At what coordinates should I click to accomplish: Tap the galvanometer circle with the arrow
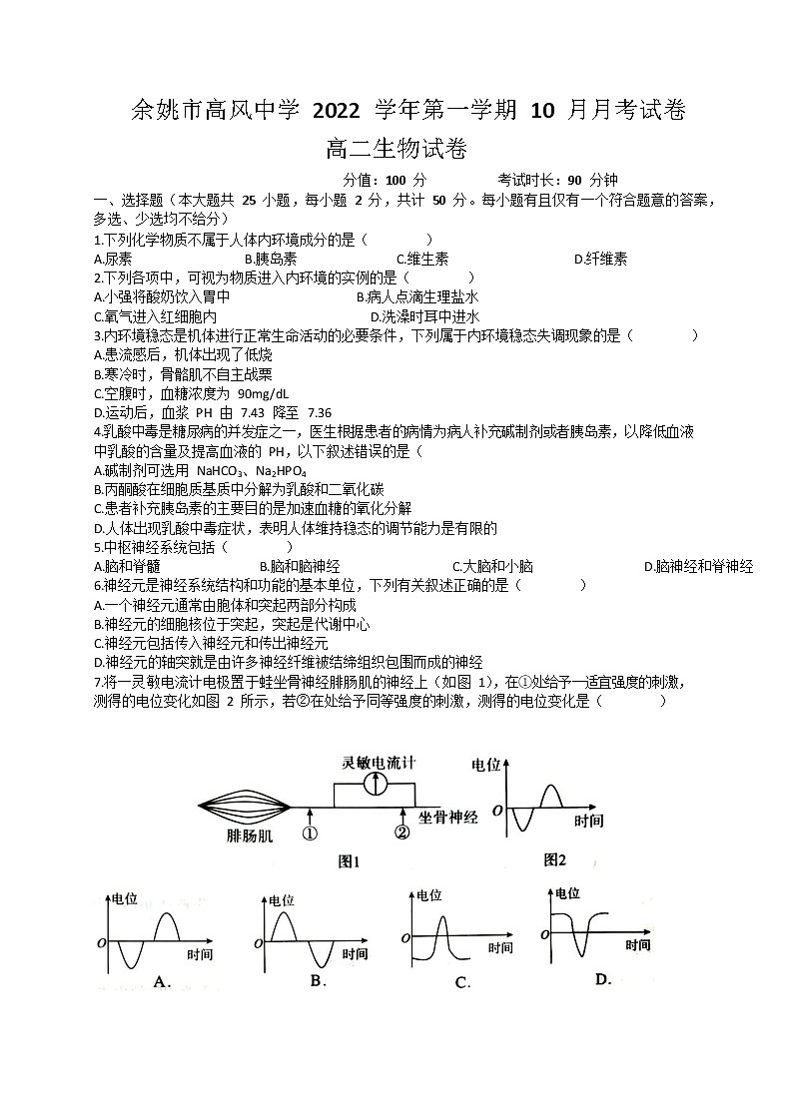click(x=376, y=784)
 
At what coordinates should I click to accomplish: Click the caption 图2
click(x=554, y=859)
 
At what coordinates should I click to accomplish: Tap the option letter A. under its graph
click(x=162, y=982)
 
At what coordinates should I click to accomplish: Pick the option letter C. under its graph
click(x=462, y=983)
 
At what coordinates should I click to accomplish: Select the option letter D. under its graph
click(x=602, y=979)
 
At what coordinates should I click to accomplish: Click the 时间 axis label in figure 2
click(x=589, y=821)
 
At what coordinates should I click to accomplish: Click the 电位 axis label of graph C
click(x=430, y=894)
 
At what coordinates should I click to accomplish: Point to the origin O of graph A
click(x=101, y=941)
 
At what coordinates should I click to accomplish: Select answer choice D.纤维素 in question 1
click(x=600, y=259)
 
